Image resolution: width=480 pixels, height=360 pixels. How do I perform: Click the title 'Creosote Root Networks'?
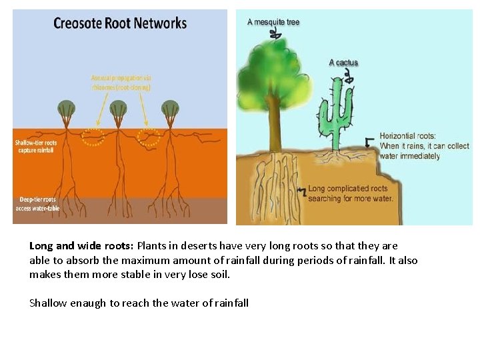tap(120, 23)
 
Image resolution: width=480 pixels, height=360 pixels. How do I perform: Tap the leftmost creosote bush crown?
tap(67, 109)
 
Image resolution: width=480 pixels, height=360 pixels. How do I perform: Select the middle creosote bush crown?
tap(119, 109)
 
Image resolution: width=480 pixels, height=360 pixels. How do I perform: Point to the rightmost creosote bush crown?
tap(171, 109)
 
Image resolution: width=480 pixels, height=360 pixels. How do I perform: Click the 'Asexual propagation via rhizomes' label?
tap(121, 82)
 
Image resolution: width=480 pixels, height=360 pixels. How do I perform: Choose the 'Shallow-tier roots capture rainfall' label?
tap(37, 146)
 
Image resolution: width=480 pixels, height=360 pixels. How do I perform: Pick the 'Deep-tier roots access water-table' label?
tap(37, 203)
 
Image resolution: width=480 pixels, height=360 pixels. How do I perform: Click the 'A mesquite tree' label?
tap(273, 22)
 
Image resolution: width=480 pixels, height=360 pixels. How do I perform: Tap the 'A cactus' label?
tap(343, 63)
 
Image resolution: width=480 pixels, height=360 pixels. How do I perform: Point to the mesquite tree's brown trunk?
tap(273, 123)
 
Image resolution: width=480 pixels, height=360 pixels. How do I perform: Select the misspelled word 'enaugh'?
tap(88, 303)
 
